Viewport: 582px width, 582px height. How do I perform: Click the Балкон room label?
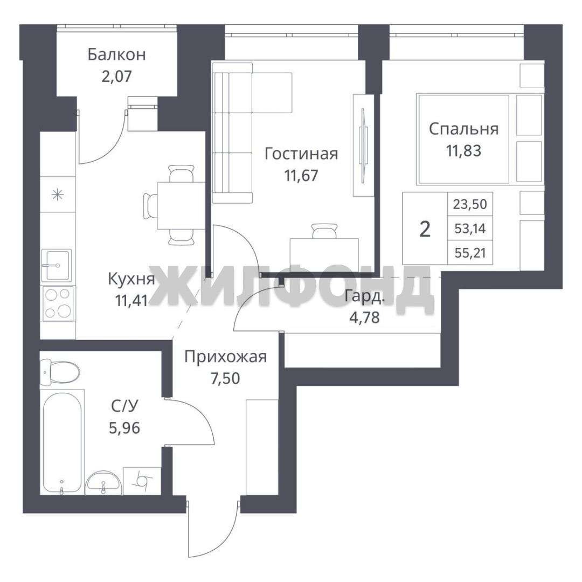tap(116, 55)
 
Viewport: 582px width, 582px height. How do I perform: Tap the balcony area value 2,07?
tap(116, 77)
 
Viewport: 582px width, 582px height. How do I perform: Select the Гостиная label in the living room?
tap(301, 154)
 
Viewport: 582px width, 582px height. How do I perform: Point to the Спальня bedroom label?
tap(463, 129)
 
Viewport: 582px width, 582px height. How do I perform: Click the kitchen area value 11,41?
tap(131, 301)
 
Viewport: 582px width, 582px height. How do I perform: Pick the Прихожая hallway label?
tap(226, 357)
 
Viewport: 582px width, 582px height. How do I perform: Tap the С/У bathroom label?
tap(124, 406)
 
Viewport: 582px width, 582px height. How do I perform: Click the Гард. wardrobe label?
tap(364, 296)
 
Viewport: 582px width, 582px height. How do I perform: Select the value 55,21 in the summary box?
tap(470, 253)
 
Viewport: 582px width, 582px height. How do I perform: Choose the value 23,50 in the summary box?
tap(470, 204)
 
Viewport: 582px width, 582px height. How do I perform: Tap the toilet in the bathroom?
tap(59, 371)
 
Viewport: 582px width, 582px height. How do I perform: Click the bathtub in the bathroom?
tap(62, 442)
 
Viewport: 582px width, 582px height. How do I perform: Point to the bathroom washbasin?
tap(103, 483)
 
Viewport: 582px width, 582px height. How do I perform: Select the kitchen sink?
tap(57, 265)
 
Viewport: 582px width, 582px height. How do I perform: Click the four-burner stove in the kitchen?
tap(58, 304)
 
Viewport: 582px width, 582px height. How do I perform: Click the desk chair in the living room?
tap(325, 231)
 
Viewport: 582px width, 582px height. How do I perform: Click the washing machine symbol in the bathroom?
tap(141, 481)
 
